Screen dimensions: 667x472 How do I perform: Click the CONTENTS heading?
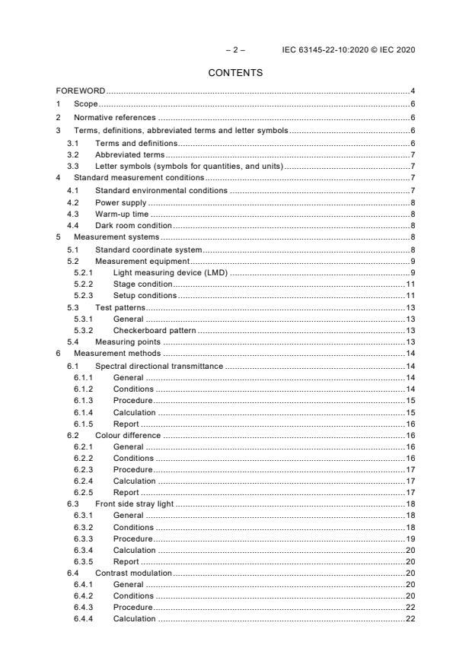[x=236, y=73]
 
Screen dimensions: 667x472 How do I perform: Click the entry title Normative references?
[x=114, y=118]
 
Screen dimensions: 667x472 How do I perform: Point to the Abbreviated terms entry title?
[x=125, y=154]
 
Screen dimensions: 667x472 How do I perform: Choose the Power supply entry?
[x=120, y=203]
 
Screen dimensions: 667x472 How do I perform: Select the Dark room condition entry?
[x=133, y=226]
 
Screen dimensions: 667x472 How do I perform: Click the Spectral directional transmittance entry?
[x=158, y=367]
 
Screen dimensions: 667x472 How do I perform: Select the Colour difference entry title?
[x=128, y=435]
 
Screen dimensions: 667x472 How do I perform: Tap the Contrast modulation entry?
[x=133, y=572]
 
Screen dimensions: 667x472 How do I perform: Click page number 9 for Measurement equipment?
[x=412, y=261]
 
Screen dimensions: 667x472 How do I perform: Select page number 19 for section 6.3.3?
[x=410, y=538]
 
